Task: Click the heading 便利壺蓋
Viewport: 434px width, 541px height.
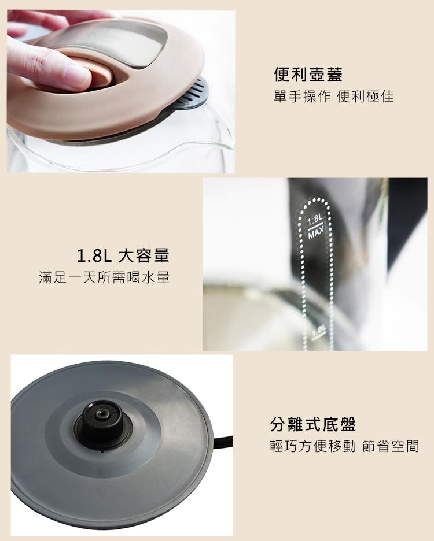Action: pos(308,75)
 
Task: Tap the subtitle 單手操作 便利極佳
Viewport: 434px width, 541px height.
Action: pos(334,97)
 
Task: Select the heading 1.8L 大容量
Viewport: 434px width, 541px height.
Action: pos(123,255)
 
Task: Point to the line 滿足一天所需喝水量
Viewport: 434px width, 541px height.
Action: pos(104,277)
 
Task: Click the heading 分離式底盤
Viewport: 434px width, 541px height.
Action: pos(313,424)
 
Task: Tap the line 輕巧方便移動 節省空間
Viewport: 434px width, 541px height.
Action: pos(344,446)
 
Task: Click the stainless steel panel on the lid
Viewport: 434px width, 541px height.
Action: pos(114,43)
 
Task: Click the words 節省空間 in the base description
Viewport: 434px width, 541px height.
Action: pos(391,446)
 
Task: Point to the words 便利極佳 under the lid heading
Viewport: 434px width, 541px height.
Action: pos(366,97)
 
